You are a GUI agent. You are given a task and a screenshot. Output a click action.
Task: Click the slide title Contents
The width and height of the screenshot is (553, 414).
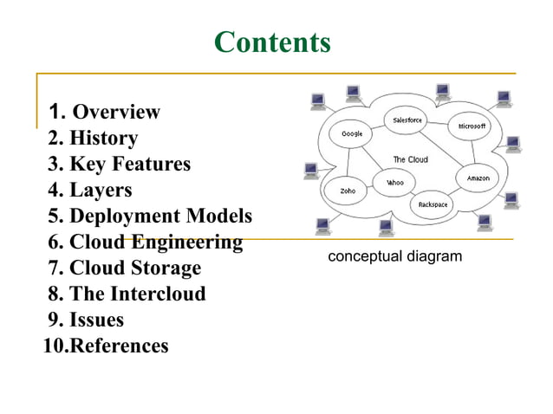tap(272, 42)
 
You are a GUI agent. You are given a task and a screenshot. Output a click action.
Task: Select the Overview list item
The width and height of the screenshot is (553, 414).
tap(115, 112)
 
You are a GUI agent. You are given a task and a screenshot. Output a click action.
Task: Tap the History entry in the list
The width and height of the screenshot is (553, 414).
tap(103, 138)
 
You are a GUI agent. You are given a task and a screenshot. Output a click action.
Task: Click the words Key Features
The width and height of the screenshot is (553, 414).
tap(130, 164)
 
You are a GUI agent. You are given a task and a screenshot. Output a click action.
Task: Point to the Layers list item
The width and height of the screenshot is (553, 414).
tap(101, 190)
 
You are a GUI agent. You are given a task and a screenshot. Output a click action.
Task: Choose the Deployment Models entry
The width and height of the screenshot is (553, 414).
tap(160, 216)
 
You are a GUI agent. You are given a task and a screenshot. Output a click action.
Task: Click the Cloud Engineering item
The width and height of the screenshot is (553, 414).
tap(155, 242)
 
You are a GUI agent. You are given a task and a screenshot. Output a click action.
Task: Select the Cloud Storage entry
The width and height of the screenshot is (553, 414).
tap(134, 268)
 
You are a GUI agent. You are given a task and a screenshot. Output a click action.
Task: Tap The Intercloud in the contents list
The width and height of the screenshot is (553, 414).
tap(138, 294)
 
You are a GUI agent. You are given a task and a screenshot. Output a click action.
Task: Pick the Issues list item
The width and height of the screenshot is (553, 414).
tap(96, 320)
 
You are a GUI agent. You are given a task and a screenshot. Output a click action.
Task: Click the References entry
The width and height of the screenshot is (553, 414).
tap(119, 346)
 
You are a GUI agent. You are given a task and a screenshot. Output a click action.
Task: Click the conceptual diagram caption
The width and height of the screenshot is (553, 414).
tap(394, 256)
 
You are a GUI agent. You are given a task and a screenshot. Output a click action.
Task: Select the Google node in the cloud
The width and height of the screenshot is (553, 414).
tap(352, 134)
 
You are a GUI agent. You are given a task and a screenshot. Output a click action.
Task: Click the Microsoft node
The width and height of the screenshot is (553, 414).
tap(472, 126)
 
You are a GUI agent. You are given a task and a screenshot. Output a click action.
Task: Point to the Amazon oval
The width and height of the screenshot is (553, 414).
tap(478, 178)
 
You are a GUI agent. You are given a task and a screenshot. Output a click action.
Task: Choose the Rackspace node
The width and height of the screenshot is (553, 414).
tap(433, 204)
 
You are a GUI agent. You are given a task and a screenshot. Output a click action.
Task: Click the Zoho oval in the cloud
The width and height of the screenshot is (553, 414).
tap(348, 190)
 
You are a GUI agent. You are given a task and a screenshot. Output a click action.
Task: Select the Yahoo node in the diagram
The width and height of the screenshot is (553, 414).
tap(395, 183)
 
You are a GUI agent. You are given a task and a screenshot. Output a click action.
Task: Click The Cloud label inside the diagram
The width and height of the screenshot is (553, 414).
tap(411, 159)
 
